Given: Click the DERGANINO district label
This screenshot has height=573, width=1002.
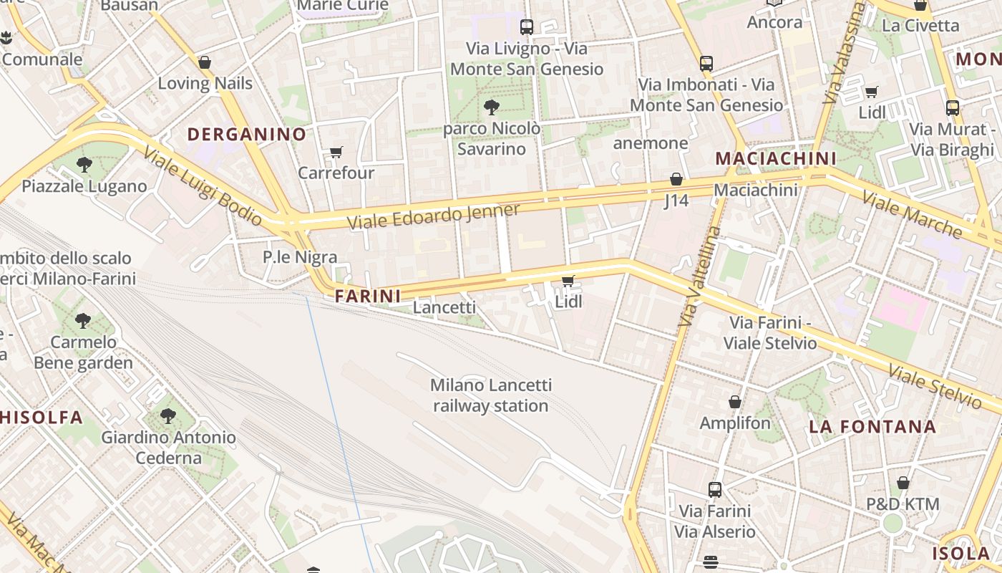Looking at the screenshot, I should (x=246, y=134).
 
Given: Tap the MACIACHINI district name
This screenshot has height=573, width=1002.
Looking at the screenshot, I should (x=776, y=158).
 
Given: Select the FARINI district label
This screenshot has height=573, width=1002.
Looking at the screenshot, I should (x=367, y=295).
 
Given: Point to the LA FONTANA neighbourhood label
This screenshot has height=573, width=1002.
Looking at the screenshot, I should (x=872, y=427).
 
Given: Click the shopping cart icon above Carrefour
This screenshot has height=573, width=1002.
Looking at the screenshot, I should (x=336, y=152).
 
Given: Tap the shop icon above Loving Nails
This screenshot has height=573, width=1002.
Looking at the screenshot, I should (x=205, y=62).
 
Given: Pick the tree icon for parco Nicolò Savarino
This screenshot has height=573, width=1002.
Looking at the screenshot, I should (x=491, y=107).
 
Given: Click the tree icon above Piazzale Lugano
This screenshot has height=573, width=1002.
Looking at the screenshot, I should (x=84, y=165).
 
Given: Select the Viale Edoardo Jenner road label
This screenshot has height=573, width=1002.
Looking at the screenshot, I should (x=434, y=216).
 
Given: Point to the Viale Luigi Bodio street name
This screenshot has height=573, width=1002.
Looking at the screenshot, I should (x=203, y=186).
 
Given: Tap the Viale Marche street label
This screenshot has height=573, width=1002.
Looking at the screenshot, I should (x=912, y=214).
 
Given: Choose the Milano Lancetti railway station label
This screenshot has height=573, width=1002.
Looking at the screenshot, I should (x=491, y=395).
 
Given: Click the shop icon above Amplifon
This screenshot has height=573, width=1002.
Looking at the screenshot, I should (x=735, y=402).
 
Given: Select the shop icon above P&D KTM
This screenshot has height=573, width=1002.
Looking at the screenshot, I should (x=903, y=483).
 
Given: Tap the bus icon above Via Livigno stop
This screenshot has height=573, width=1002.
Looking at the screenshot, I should (x=527, y=27).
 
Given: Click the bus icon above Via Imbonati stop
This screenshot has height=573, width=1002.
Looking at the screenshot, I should (x=706, y=63).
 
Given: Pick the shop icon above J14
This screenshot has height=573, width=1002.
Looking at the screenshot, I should (x=676, y=179).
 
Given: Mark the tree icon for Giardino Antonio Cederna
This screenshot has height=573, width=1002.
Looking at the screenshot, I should (x=168, y=415).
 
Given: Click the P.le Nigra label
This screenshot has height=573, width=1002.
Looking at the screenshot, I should (x=300, y=256).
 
